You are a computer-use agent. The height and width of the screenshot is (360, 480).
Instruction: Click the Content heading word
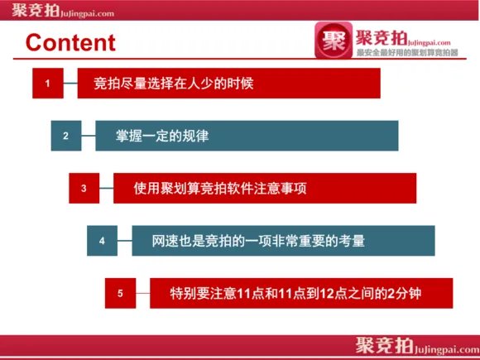(x=70, y=42)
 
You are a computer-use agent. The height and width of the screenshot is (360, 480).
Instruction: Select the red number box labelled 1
(x=48, y=84)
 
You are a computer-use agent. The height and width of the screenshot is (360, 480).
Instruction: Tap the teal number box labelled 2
(x=65, y=136)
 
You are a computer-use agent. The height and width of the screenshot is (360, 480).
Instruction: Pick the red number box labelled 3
(x=84, y=188)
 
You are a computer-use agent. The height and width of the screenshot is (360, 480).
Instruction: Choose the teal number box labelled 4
(x=102, y=241)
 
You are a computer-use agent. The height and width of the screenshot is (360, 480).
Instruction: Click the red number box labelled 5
(x=120, y=293)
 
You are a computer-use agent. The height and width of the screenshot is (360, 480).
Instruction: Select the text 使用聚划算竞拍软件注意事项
(x=220, y=188)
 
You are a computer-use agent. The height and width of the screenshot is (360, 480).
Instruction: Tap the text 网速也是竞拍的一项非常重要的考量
(x=258, y=241)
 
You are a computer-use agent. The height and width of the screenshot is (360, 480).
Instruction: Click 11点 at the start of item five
(x=249, y=293)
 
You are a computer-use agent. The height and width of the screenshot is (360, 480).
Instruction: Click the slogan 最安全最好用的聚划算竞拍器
(x=407, y=52)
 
